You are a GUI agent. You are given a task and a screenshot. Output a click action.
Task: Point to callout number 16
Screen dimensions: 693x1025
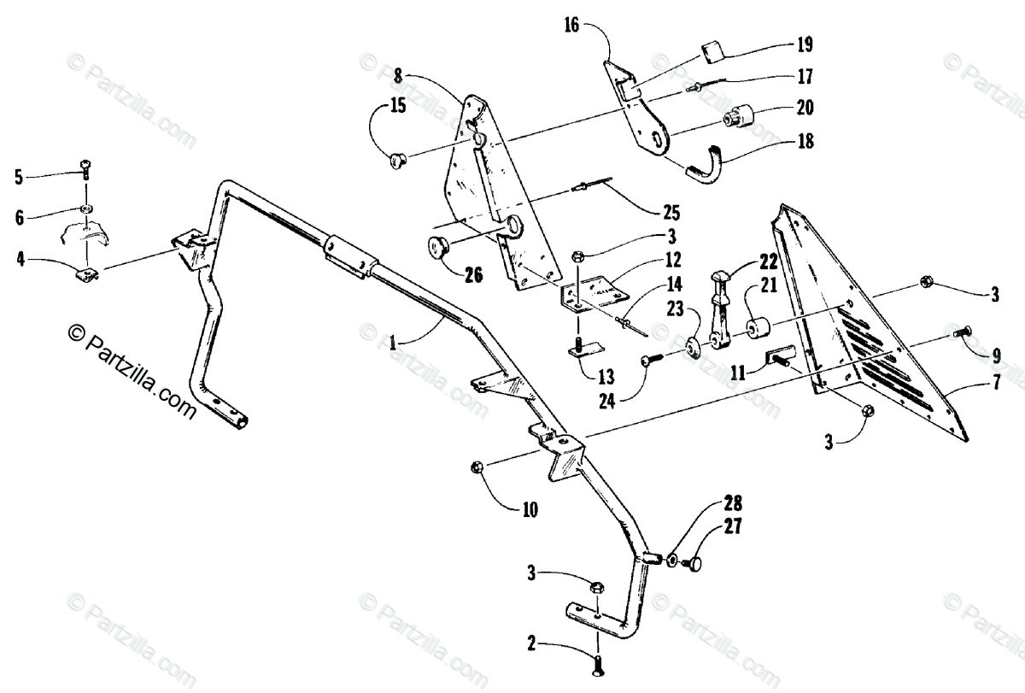tap(571, 25)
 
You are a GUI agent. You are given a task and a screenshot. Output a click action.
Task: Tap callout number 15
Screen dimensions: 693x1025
tap(375, 106)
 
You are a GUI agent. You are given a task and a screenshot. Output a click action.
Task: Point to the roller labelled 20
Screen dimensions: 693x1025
tap(735, 115)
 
